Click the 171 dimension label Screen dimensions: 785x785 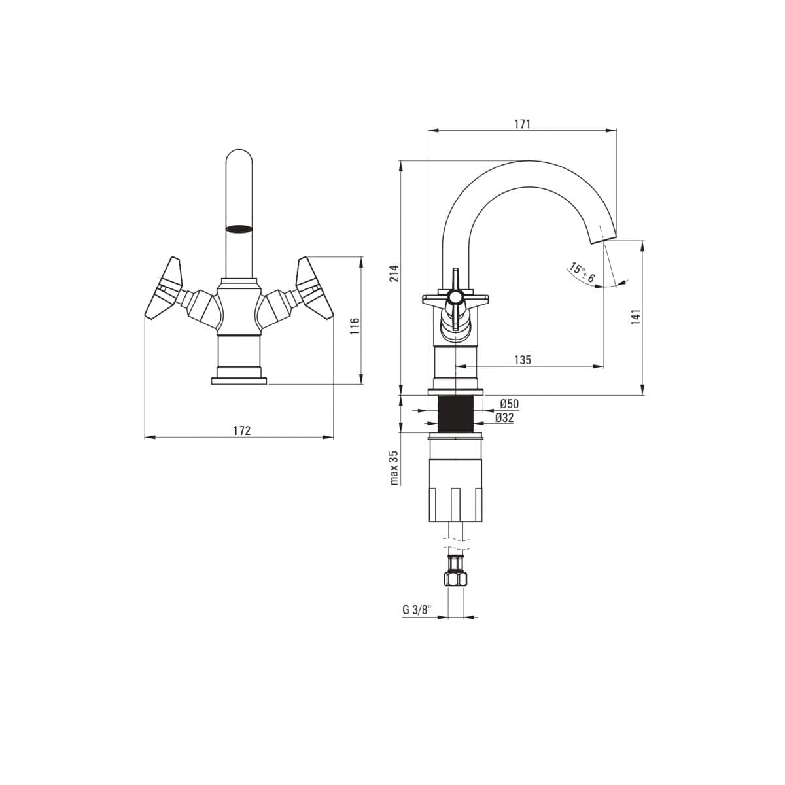pyautogui.click(x=522, y=124)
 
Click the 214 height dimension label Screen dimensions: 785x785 pyautogui.click(x=394, y=273)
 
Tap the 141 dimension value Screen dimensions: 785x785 pyautogui.click(x=635, y=317)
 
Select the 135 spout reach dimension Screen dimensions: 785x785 pyautogui.click(x=523, y=360)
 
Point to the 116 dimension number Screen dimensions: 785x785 pyautogui.click(x=355, y=326)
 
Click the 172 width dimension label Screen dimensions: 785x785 pyautogui.click(x=242, y=430)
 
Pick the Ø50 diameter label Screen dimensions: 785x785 pyautogui.click(x=509, y=404)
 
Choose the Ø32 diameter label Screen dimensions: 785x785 pyautogui.click(x=504, y=418)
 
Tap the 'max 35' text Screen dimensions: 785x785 pyautogui.click(x=394, y=467)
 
